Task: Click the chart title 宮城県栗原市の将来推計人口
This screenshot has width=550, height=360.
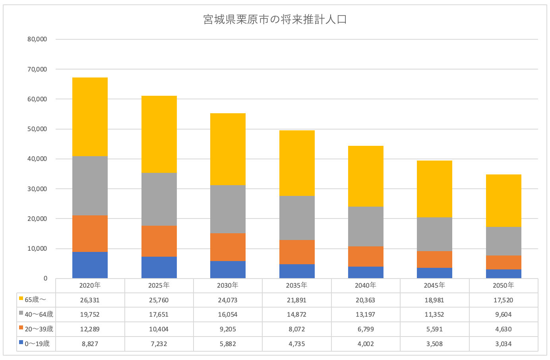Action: point(275,19)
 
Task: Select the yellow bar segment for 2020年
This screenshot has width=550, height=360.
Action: point(90,117)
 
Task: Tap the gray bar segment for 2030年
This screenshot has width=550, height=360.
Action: point(228,209)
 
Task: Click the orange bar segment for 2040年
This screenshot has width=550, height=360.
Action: point(366,256)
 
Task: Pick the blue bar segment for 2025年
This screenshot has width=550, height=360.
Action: point(159,267)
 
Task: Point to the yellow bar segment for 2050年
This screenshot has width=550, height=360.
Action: point(503,201)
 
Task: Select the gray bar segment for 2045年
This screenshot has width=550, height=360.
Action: point(434,234)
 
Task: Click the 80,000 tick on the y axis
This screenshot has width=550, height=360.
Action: point(37,39)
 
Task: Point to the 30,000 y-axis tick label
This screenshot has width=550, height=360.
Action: point(37,189)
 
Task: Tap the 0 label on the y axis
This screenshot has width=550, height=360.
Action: point(45,278)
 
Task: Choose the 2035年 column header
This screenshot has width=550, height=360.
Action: point(296,285)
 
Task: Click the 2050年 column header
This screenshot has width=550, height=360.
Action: point(503,285)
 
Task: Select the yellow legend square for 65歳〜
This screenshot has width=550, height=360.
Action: point(21,298)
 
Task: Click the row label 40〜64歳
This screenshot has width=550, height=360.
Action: point(39,314)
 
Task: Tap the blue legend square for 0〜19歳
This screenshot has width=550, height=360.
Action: point(21,342)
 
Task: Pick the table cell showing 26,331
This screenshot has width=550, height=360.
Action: point(90,300)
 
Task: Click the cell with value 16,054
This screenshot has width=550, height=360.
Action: point(228,314)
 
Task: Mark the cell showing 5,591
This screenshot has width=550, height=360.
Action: point(434,329)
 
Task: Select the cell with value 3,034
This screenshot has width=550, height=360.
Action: point(503,344)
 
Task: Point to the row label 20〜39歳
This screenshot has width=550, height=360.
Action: point(39,329)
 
